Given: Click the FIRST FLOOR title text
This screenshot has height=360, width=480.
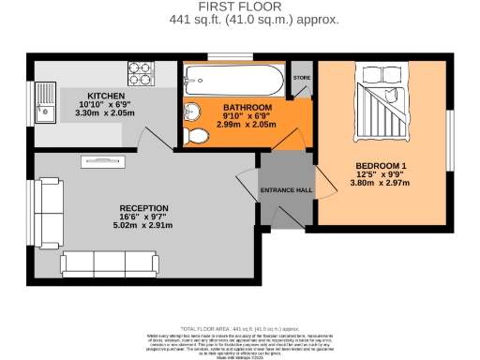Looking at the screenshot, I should (240, 7).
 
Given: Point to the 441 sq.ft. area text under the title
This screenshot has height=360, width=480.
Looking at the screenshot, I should (240, 19).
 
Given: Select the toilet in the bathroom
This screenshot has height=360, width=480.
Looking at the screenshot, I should (197, 138).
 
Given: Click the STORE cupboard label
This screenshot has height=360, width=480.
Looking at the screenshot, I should (301, 78).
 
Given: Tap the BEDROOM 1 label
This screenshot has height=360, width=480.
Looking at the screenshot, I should (380, 167).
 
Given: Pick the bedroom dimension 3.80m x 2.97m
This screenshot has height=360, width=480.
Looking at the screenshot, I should (380, 184).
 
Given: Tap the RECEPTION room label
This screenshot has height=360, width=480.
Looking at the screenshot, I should (143, 208).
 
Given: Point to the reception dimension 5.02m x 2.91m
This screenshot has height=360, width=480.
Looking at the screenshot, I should (143, 226).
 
